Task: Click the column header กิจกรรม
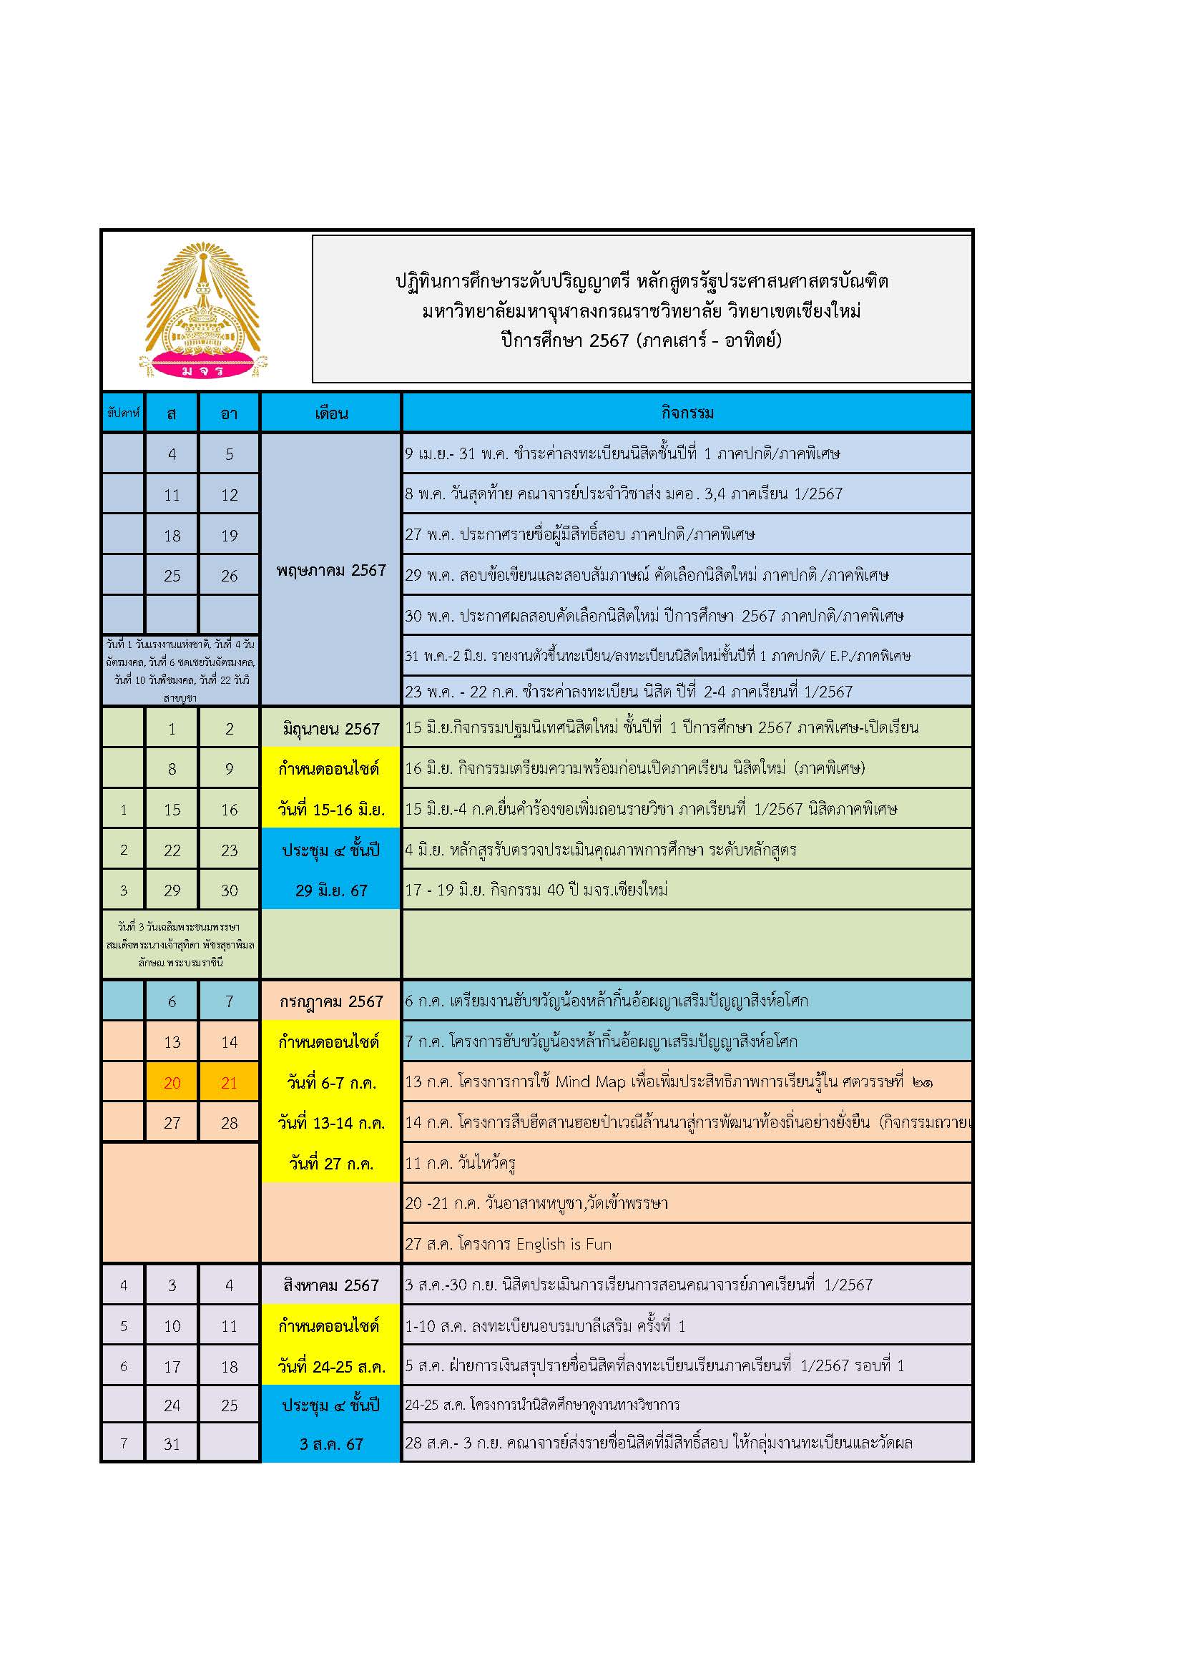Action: coord(686,413)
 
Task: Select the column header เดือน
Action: coord(330,413)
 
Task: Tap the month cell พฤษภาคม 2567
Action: coord(330,570)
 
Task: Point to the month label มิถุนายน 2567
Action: coord(330,728)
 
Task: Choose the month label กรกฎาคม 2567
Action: coord(330,1001)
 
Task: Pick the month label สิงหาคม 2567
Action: coord(330,1285)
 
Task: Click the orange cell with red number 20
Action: coord(172,1083)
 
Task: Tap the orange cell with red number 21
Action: coord(229,1083)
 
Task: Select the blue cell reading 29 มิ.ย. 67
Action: coord(330,890)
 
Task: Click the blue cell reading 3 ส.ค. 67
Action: coord(330,1443)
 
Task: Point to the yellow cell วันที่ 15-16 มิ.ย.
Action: coord(330,809)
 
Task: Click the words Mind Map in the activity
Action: coord(590,1082)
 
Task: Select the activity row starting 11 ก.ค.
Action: coord(461,1163)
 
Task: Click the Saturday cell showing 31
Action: coord(172,1443)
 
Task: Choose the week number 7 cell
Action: coord(123,1443)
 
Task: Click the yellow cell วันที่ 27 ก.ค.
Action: coord(330,1163)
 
